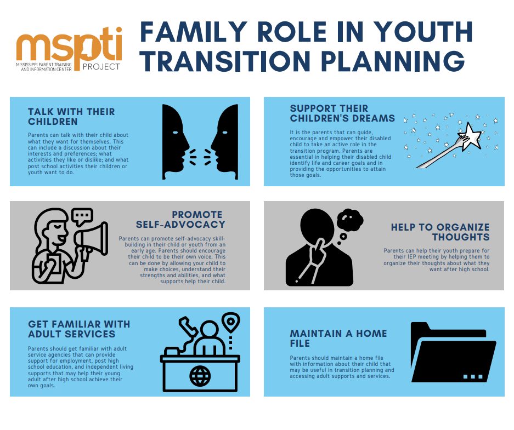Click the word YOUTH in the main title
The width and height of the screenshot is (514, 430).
point(423,32)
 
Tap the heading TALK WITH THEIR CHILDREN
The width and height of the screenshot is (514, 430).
point(71,117)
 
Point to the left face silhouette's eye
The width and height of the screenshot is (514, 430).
point(176,132)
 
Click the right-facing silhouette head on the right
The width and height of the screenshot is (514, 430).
point(224,142)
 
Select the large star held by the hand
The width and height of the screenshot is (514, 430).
point(471,136)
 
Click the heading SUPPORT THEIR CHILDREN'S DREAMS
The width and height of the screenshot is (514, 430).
point(342,113)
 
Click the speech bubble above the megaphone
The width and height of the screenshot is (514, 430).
point(82,216)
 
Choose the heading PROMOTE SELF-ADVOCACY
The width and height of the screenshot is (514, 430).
point(180,219)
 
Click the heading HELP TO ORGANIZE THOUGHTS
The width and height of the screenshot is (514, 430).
point(440,232)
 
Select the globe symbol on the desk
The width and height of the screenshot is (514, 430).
point(200,376)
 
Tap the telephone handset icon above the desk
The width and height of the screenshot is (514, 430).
point(188,326)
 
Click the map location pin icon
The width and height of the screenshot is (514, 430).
point(231,322)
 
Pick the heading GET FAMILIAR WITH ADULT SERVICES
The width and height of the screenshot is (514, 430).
point(79,329)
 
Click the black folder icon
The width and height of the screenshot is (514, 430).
point(453,352)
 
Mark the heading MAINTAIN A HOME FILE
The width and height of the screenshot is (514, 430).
point(338,338)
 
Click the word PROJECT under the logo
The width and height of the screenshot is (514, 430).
point(101,67)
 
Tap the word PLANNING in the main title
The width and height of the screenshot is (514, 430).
point(393,61)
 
